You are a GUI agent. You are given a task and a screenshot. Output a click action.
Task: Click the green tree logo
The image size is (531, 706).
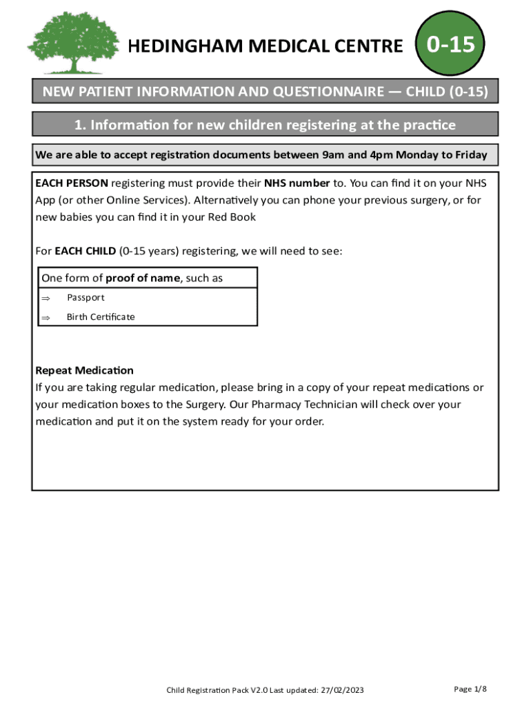(66, 43)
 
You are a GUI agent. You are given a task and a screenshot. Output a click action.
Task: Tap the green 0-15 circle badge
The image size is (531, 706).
(450, 46)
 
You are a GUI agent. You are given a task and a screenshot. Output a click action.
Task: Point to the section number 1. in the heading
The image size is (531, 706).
(80, 125)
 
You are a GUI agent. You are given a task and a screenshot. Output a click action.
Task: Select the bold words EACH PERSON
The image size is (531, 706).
(72, 183)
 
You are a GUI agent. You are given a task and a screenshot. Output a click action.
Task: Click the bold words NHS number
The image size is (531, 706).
(297, 183)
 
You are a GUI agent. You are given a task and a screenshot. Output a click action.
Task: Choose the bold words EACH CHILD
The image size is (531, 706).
(86, 251)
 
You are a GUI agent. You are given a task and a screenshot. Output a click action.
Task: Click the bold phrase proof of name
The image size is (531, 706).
(141, 279)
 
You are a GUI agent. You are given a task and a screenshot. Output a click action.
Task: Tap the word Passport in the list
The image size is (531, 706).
(86, 298)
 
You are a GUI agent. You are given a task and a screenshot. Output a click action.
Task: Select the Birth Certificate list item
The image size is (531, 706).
(101, 317)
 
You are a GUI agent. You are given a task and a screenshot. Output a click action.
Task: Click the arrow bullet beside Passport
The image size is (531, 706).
(46, 298)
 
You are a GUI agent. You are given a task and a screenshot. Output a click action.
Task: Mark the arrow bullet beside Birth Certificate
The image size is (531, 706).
(46, 317)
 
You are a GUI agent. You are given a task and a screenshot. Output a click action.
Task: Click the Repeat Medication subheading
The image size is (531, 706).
(84, 370)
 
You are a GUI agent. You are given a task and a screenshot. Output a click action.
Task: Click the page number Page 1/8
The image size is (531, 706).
(470, 689)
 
